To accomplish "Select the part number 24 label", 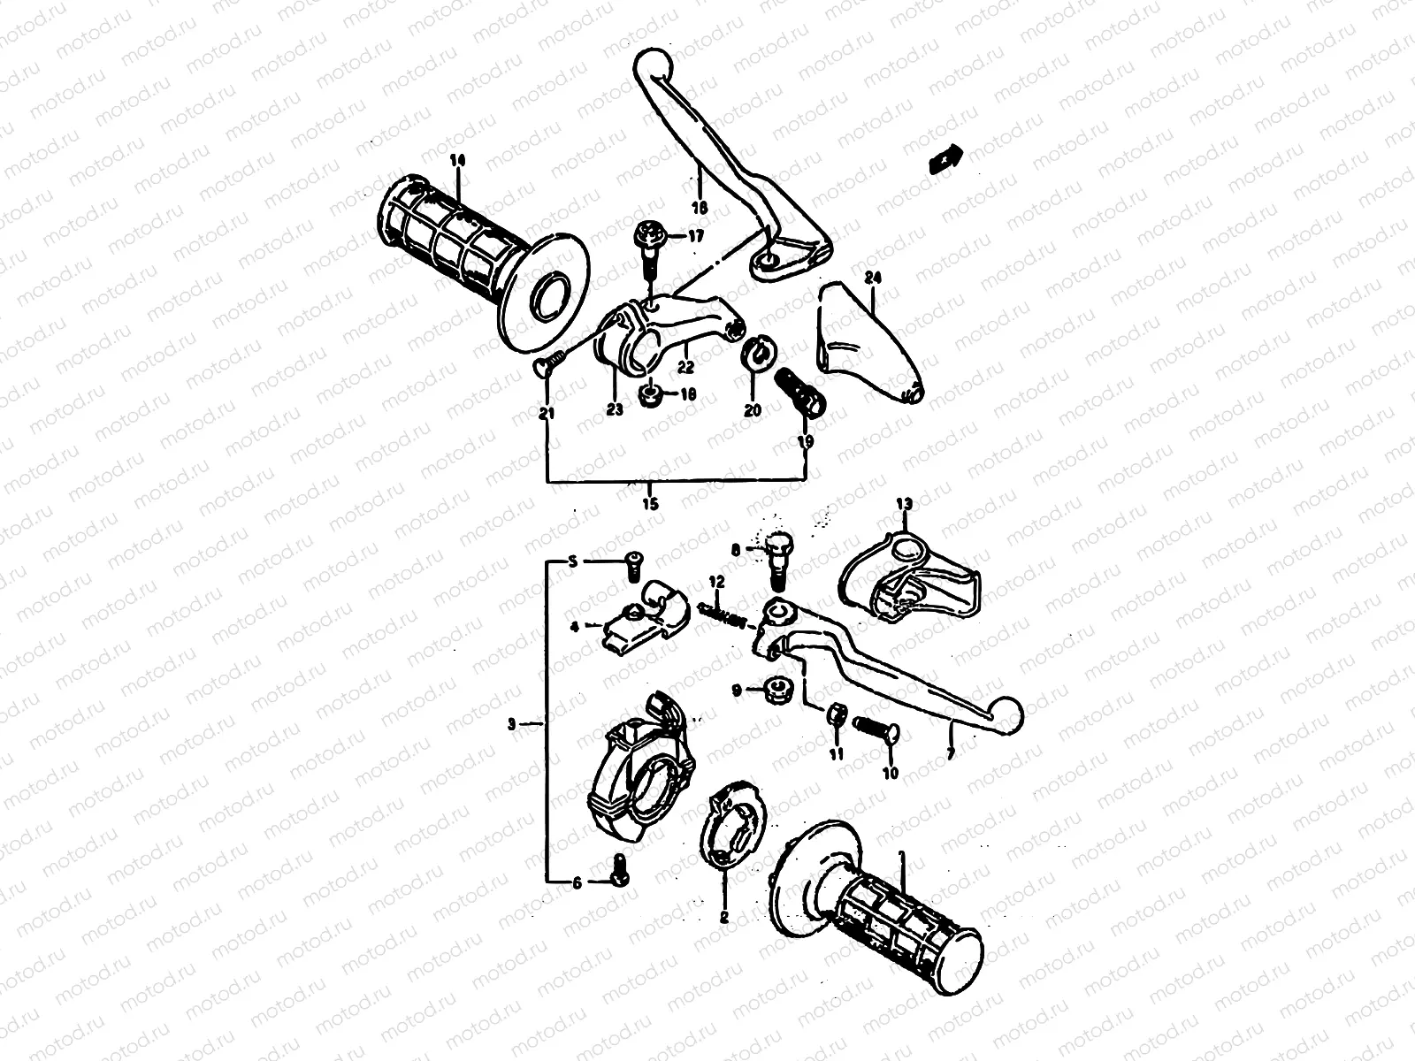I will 874,278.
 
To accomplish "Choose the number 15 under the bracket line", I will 650,505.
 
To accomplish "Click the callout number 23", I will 614,408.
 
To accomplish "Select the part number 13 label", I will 903,503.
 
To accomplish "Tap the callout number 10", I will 890,773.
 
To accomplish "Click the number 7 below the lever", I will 951,753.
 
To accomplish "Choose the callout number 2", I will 724,918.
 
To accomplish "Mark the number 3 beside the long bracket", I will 512,724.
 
